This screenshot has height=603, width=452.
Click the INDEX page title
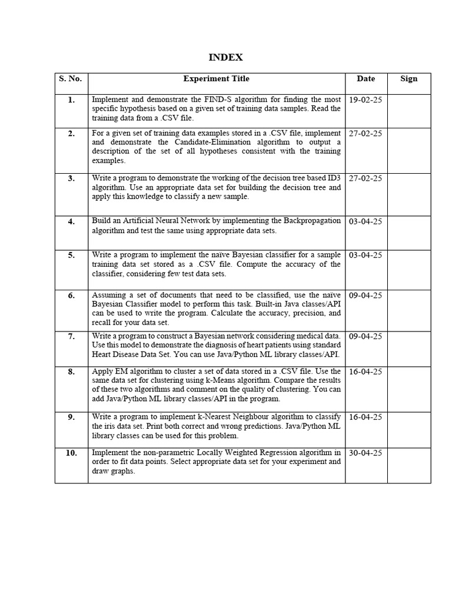pos(226,57)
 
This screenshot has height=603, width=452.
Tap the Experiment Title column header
pos(216,79)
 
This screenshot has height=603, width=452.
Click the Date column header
pos(365,79)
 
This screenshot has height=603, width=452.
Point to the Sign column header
pos(408,79)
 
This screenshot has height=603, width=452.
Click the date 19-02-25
pos(365,100)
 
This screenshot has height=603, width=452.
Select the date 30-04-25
pos(365,453)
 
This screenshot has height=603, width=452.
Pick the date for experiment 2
pos(365,134)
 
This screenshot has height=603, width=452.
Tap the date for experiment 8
pos(365,372)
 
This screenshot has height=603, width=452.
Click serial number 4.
pos(71,222)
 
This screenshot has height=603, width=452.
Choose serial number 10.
pos(71,453)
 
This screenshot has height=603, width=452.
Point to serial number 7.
pos(71,336)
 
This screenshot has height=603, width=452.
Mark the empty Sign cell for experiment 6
pos(408,310)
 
